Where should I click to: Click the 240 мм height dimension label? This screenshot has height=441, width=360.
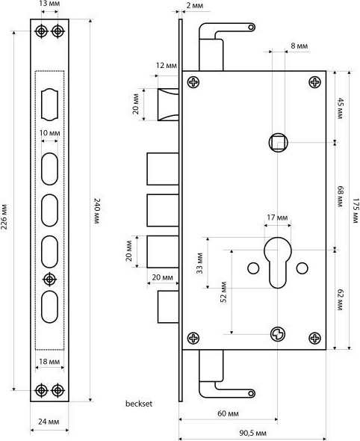pos(96,211)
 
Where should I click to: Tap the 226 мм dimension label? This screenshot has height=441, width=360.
pos(4,216)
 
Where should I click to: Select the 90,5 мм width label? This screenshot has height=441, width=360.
pos(253,433)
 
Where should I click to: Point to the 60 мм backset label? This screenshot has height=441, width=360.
pos(229,414)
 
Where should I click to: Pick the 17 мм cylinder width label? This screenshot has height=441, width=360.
pos(277,218)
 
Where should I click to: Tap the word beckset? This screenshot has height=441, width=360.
pos(139,404)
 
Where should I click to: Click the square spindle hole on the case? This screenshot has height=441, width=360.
pos(278,142)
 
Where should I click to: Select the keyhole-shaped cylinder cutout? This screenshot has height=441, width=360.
pos(278,262)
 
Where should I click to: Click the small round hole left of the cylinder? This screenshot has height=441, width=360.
pos(253,268)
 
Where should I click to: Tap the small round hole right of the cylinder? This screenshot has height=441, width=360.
pos(302,268)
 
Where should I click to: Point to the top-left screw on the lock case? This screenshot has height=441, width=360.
pos(193,82)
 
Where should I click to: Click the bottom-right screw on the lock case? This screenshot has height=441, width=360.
pos(314,338)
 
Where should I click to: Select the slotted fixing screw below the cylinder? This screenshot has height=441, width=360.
pos(278,334)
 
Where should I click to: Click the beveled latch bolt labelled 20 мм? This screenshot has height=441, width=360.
pos(168,105)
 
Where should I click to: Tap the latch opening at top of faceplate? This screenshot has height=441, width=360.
pos(50,105)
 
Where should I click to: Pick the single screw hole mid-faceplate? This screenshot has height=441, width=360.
pos(50,280)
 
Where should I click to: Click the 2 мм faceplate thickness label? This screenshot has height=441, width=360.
pos(195,6)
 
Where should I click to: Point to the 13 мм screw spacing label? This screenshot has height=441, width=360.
pos(50,4)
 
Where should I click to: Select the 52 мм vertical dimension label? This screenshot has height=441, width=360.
pos(223,292)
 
